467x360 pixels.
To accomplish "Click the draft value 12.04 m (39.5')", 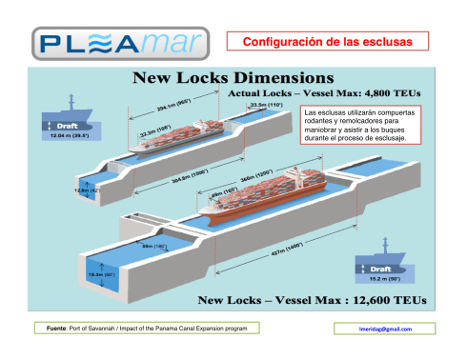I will tap(71, 136).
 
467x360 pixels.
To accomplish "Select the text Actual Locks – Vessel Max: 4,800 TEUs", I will tap(324, 93).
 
